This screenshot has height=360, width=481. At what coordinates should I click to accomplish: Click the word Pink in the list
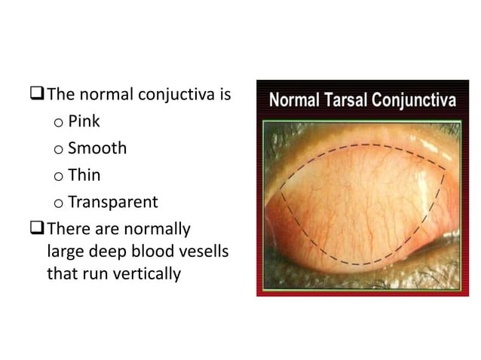(x=84, y=121)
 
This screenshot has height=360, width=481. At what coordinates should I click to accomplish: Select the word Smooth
(x=97, y=148)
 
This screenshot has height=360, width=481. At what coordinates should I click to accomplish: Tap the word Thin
(x=84, y=175)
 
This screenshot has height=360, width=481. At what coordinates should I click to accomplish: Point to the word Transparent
(x=113, y=203)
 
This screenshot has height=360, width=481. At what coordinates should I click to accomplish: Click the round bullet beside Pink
(x=58, y=122)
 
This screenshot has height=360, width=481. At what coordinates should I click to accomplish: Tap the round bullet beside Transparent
(x=58, y=203)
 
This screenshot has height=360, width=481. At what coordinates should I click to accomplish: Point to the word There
(x=65, y=227)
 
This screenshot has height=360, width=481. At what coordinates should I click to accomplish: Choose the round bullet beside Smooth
(x=58, y=149)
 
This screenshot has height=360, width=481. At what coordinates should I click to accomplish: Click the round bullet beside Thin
(x=58, y=176)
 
